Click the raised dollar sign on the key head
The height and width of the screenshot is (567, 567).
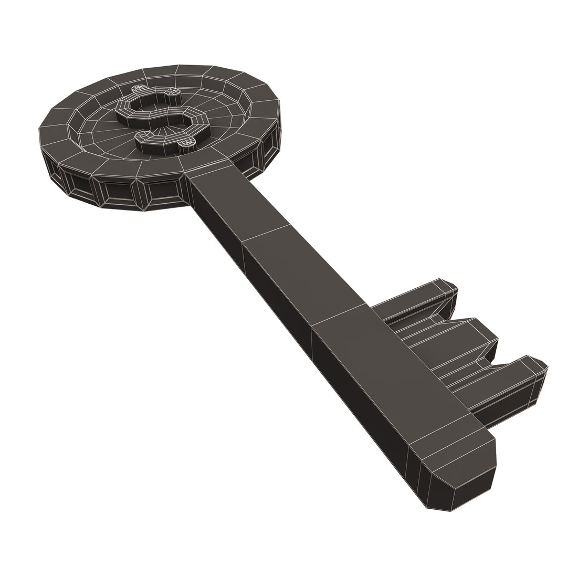(x=160, y=118)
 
